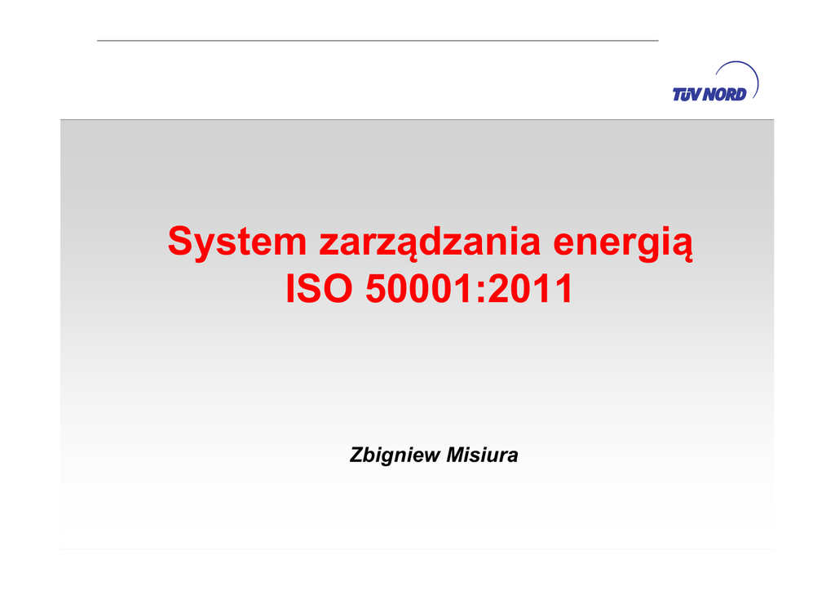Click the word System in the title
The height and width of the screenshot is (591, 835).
click(237, 243)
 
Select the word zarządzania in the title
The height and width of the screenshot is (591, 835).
click(430, 243)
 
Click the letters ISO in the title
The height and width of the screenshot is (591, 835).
click(319, 289)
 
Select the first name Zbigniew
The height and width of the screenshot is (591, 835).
click(395, 455)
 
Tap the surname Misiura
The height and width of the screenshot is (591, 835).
click(482, 455)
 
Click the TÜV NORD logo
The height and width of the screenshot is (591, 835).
click(715, 82)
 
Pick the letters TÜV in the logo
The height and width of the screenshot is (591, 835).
click(687, 95)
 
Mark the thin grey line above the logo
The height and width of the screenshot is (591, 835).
click(378, 41)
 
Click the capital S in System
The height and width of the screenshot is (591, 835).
click(179, 242)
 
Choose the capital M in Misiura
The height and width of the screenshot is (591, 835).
click(457, 455)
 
